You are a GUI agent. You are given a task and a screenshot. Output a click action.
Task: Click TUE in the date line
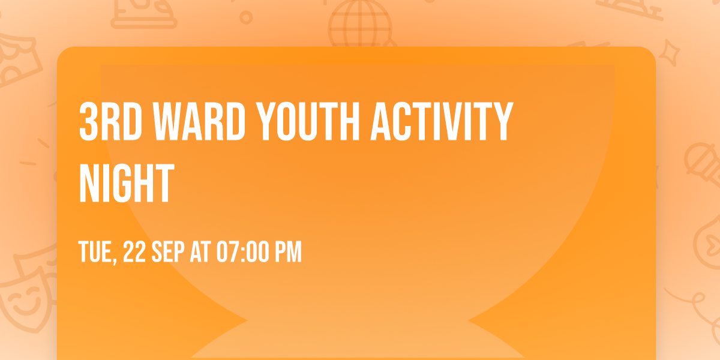(x=96, y=253)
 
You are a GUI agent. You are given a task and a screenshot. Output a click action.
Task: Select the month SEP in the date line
(x=169, y=253)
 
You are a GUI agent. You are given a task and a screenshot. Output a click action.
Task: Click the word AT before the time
(x=199, y=253)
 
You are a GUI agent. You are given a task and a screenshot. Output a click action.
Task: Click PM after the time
(x=288, y=253)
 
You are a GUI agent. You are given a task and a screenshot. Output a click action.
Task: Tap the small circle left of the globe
(x=245, y=17)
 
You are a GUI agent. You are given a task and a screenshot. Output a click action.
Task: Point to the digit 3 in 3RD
(x=88, y=121)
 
